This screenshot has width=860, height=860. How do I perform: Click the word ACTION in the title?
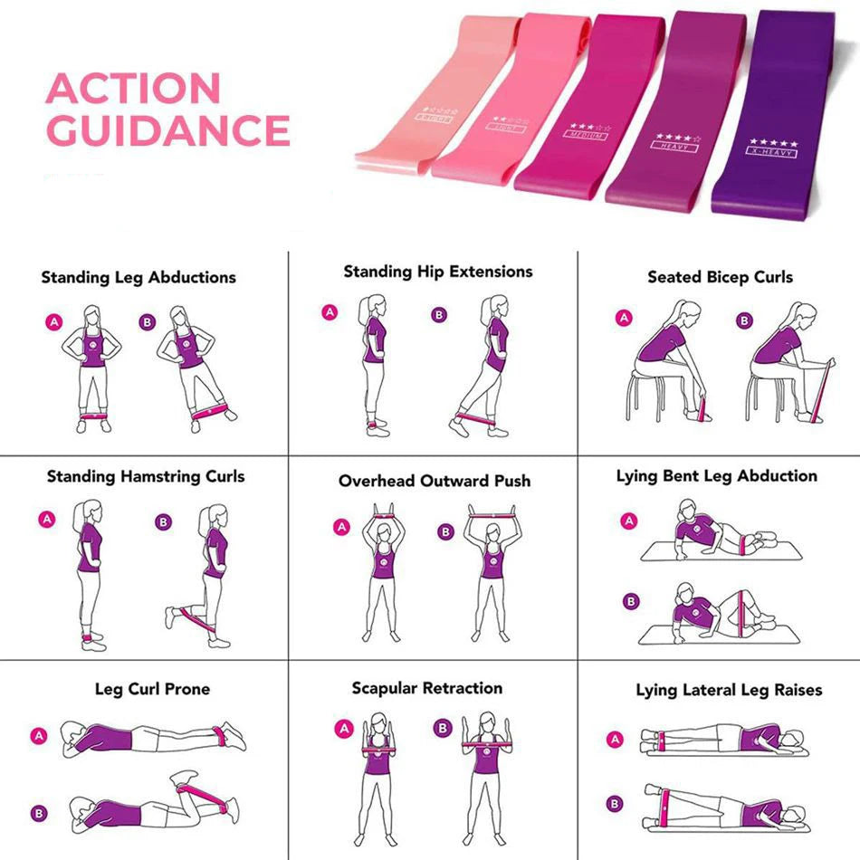click(x=133, y=89)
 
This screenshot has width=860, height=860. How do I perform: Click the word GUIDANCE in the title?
click(x=167, y=130)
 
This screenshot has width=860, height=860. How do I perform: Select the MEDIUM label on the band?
click(x=588, y=134)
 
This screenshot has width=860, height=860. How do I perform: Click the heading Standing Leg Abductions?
click(x=139, y=278)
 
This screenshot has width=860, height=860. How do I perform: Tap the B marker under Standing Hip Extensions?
click(x=439, y=314)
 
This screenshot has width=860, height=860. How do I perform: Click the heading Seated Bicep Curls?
click(x=720, y=278)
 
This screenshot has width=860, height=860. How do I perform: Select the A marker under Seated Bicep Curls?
click(x=623, y=319)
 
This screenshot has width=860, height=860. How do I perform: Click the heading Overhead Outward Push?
click(x=435, y=482)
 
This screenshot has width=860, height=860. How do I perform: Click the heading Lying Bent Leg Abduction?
click(x=716, y=476)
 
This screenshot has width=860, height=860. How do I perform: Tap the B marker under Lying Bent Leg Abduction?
click(x=631, y=600)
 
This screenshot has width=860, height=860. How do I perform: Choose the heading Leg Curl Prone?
click(x=152, y=689)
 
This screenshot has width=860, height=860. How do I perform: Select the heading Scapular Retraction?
click(x=427, y=689)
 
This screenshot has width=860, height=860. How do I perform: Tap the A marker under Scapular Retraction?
click(x=343, y=728)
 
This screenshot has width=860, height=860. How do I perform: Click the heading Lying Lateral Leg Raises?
click(x=729, y=691)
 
